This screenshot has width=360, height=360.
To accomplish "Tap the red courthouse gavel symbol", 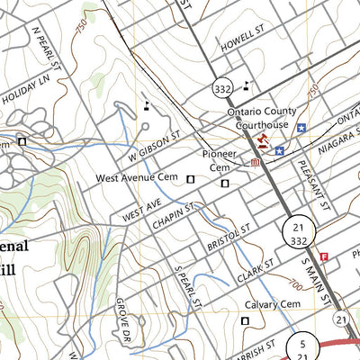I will (x=263, y=141).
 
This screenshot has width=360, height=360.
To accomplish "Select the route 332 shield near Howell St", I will (x=222, y=88).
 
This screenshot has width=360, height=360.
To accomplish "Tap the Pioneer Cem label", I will (x=220, y=159).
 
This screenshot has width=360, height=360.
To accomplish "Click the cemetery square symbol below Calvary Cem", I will (x=245, y=319).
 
